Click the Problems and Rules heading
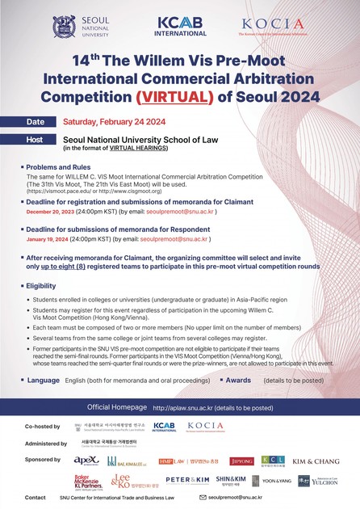[x=61, y=166]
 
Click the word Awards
[x=239, y=379]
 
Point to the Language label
[x=44, y=379]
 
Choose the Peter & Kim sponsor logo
[x=187, y=481]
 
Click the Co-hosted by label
[x=40, y=425]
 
